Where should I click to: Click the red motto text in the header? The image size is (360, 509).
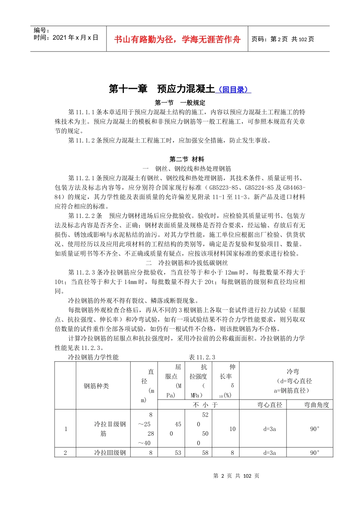(177, 39)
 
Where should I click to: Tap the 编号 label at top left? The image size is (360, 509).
(42, 30)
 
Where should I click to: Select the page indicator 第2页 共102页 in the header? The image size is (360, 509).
(283, 39)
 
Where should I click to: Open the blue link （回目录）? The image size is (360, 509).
(233, 90)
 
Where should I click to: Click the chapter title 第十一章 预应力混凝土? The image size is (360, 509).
(162, 89)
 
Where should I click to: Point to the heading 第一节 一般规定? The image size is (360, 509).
(180, 103)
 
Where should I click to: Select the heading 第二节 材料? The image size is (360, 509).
(187, 159)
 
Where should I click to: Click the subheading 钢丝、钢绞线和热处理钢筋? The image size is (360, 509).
(193, 169)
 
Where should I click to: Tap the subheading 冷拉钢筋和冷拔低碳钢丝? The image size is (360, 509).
(193, 263)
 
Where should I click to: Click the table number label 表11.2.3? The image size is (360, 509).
(202, 357)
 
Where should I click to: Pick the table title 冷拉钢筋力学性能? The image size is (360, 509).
(93, 357)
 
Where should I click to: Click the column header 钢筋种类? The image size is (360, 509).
(96, 386)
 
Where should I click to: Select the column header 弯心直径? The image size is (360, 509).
(269, 405)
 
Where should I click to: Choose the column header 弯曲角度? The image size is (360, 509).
(316, 405)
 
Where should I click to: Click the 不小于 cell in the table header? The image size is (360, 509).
(205, 405)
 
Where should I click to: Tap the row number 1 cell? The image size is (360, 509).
(66, 429)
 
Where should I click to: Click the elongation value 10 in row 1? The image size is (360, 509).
(232, 429)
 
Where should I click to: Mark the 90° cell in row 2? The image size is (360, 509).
(315, 453)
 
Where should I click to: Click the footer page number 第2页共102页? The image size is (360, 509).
(236, 476)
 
